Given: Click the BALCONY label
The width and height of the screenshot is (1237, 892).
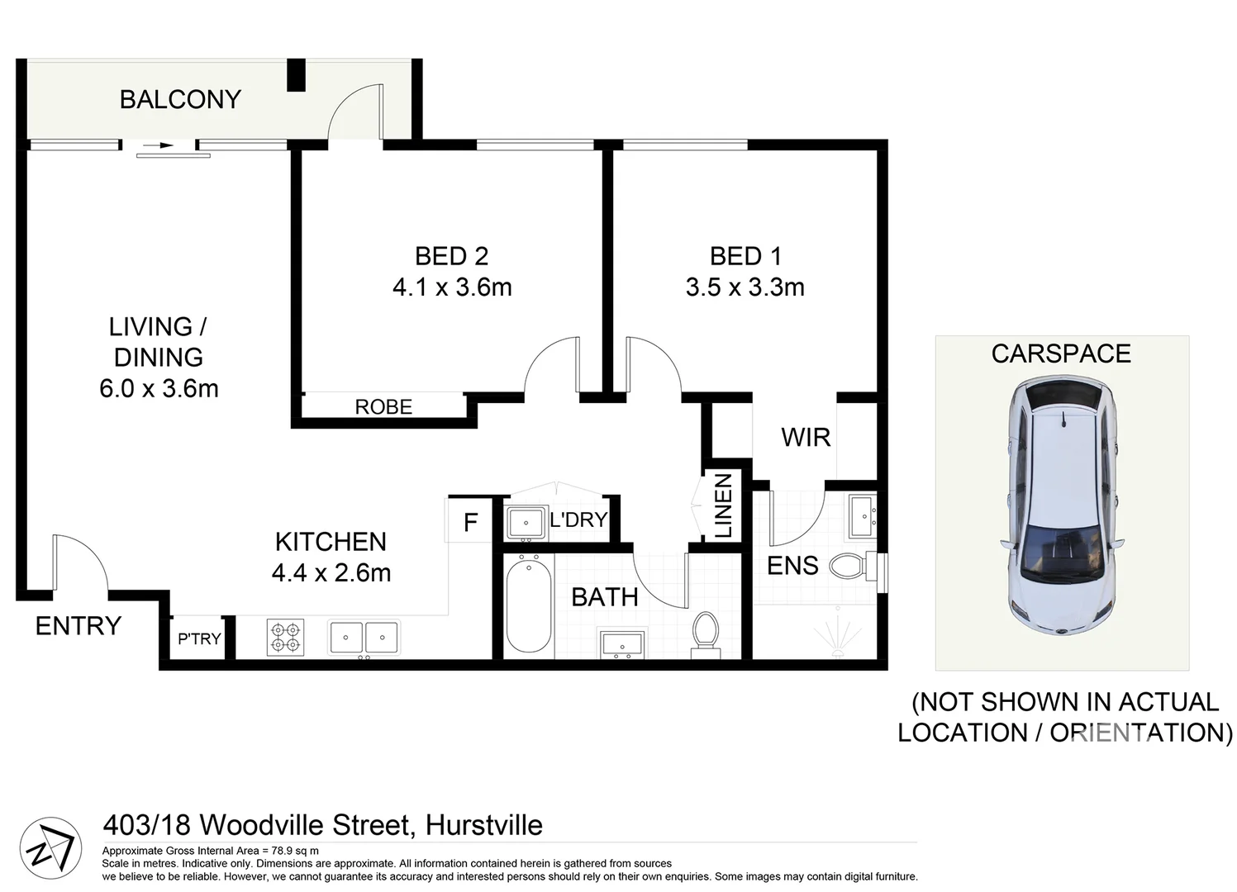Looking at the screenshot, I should tap(180, 99).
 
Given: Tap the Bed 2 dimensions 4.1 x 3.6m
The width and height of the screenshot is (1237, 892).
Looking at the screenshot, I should tap(452, 287).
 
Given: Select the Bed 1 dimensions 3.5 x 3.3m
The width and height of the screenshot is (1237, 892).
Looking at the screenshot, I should tap(745, 287).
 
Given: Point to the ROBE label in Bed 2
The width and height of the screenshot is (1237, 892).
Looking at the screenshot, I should tap(383, 407).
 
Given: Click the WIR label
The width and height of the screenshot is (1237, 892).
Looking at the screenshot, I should tap(806, 438).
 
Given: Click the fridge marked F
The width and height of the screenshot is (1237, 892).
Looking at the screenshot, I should tap(470, 522).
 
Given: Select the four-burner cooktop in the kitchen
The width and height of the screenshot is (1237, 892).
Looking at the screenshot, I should tap(285, 638).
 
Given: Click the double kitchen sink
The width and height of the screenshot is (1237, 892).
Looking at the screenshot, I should tap(364, 638).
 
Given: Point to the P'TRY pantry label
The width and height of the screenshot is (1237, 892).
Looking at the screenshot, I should tap(199, 638).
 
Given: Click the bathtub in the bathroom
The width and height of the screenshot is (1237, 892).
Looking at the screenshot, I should tap(528, 606).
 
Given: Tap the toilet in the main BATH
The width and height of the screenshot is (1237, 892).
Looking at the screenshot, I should tap(706, 634).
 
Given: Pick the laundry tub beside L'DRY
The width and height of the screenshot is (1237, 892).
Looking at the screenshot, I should tap(526, 522).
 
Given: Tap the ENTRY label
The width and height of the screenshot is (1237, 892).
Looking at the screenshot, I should tap(78, 626).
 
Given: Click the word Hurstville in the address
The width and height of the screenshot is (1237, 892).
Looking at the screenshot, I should tap(483, 825).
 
